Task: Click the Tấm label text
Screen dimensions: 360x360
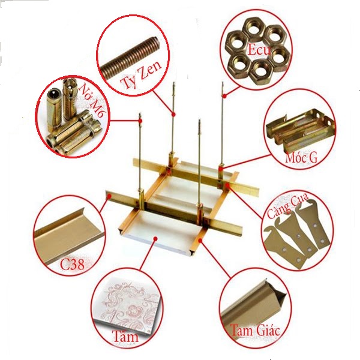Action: pos(124,337)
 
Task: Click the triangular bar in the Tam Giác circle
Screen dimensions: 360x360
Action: pos(252,300)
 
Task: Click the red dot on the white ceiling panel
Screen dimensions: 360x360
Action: pos(156,239)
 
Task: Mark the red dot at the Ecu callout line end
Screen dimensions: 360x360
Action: pos(224,95)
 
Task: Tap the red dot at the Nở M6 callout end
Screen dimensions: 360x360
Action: pos(142,121)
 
